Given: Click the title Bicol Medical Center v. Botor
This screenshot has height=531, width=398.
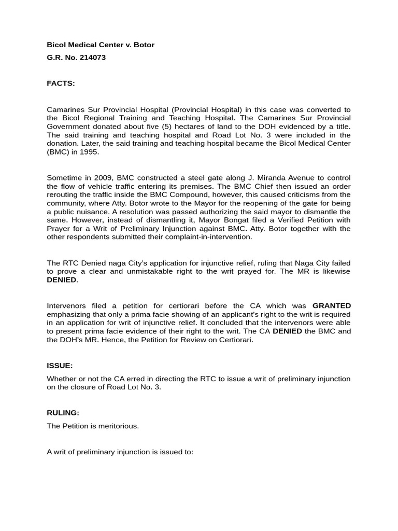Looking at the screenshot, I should [x=101, y=45].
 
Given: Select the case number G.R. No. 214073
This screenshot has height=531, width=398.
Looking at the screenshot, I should [x=76, y=58].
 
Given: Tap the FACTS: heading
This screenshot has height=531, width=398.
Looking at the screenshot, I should [x=61, y=83].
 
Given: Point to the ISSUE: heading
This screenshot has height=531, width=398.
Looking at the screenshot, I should [x=60, y=365].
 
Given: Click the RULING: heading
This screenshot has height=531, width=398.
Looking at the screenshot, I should [x=63, y=413].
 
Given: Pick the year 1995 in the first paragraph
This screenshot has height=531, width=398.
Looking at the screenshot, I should [x=89, y=152].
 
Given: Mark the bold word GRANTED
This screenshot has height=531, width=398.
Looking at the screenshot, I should [x=332, y=305].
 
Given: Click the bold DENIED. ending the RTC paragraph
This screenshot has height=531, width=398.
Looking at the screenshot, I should [x=63, y=280].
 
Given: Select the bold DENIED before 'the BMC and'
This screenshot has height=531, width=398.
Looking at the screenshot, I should [x=287, y=331].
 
